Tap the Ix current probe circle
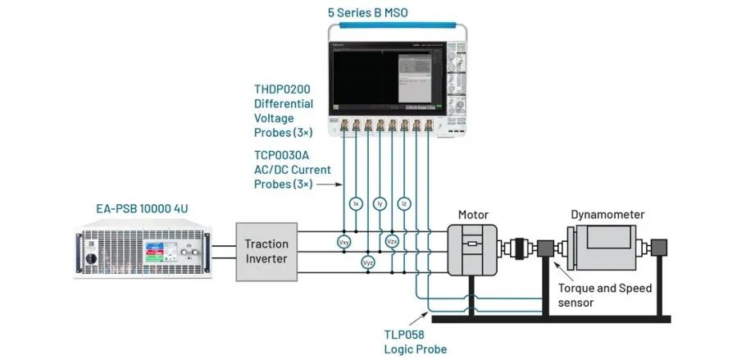coord(356,202)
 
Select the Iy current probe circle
coord(380,202)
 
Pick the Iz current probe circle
coord(403,202)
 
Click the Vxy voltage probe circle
coord(343,242)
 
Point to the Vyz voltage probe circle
coord(367,262)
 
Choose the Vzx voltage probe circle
coord(392,242)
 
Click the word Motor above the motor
coord(474,214)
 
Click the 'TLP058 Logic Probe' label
coord(415,341)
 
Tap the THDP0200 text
coord(283,89)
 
